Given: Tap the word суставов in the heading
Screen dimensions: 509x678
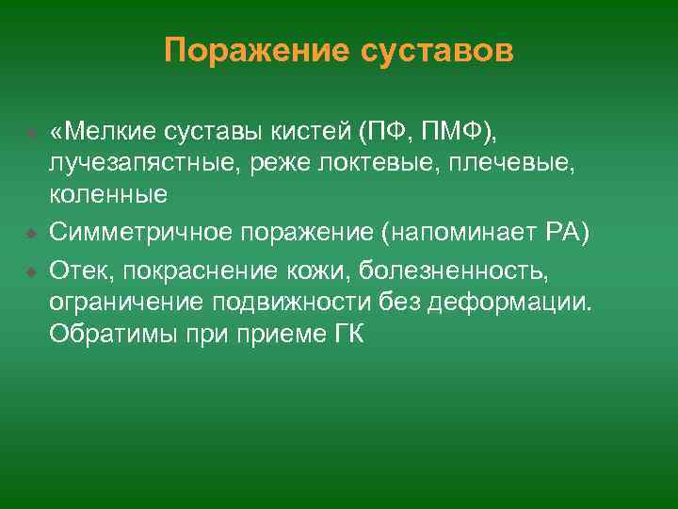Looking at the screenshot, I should point(437,51).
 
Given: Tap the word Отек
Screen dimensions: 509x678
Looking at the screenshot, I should point(78,271).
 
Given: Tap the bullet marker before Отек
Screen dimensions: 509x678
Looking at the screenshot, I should point(30,272).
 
